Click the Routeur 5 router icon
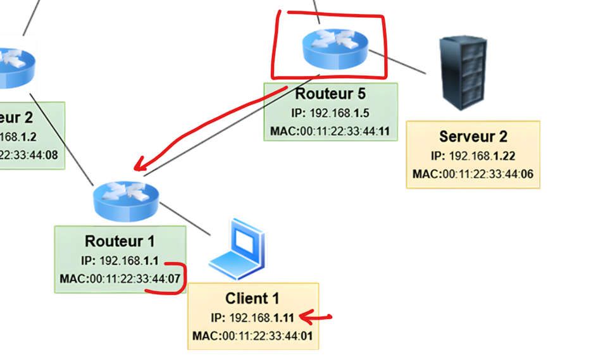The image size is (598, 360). point(334,47)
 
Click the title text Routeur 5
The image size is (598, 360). point(330,94)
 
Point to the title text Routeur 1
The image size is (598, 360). point(120,241)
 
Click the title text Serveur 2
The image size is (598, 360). point(473,137)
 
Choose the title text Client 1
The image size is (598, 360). point(252,299)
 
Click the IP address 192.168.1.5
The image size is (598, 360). point(330,114)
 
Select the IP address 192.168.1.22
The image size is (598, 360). point(473,156)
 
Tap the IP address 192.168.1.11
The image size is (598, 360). point(252,318)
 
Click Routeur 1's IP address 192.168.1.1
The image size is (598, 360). point(120,261)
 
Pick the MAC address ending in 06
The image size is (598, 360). point(473,174)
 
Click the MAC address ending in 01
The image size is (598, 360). point(252,335)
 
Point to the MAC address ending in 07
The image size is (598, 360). point(120,279)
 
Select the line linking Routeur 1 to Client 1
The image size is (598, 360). point(185,218)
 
